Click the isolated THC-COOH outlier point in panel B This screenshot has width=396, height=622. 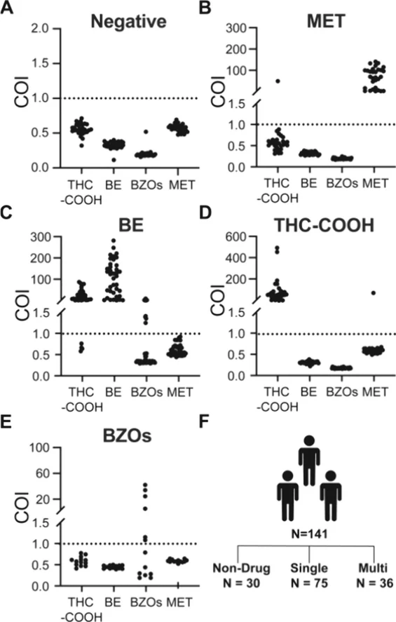pos(278,81)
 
